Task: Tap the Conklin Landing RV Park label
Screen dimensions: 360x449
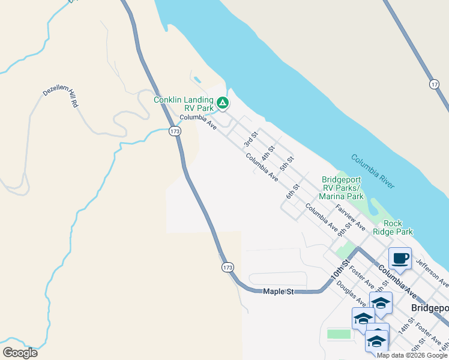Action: click(x=184, y=104)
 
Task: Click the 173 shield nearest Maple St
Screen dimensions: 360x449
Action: click(x=227, y=266)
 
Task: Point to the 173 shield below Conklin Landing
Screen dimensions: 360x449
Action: click(x=175, y=131)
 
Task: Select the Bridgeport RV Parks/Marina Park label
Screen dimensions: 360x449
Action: click(x=343, y=188)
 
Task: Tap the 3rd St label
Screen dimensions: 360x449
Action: click(x=251, y=139)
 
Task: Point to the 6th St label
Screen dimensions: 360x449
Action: click(x=292, y=191)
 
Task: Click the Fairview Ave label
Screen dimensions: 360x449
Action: click(x=351, y=218)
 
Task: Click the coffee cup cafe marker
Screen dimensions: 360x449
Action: click(x=400, y=259)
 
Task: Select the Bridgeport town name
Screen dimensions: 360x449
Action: click(x=430, y=307)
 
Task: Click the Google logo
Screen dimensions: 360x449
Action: click(x=20, y=353)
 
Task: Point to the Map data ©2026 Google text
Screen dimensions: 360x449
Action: click(x=412, y=355)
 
